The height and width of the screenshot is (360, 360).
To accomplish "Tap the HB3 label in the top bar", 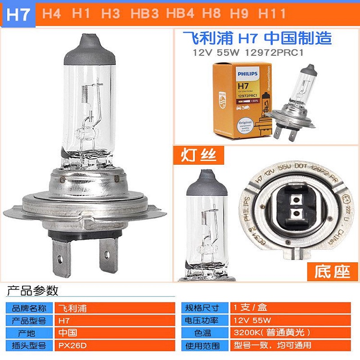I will (145, 14).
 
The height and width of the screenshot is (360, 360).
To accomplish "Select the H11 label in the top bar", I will (272, 14).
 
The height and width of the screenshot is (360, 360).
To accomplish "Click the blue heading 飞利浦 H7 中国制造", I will (256, 38).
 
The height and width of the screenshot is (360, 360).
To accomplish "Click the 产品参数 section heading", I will (32, 291).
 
